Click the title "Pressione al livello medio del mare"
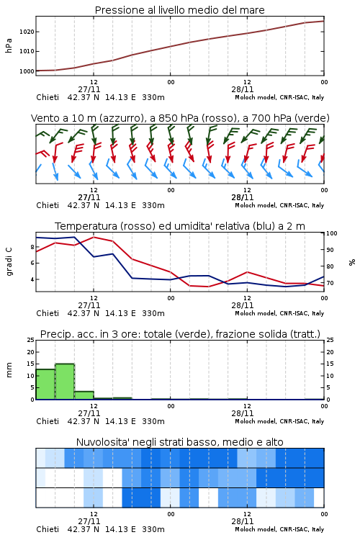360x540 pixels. (179, 10)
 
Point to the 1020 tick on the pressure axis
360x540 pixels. (27, 32)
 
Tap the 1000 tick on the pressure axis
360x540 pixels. (27, 71)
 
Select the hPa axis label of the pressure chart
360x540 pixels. (9, 45)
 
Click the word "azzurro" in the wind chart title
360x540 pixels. (121, 118)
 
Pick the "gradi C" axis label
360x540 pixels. (9, 261)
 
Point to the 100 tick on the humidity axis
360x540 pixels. (332, 233)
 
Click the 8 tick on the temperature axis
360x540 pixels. (32, 247)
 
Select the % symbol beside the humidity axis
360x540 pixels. (352, 262)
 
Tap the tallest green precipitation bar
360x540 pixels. (65, 382)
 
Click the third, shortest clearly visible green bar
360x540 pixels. (84, 395)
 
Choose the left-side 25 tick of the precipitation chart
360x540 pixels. (31, 340)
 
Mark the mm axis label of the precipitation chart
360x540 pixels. (9, 370)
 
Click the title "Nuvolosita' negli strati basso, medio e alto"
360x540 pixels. (179, 442)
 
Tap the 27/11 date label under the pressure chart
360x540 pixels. (89, 89)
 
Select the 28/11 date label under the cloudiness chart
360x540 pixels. (243, 521)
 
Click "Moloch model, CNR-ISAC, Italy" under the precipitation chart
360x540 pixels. (279, 421)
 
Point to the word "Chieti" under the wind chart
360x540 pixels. (48, 205)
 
